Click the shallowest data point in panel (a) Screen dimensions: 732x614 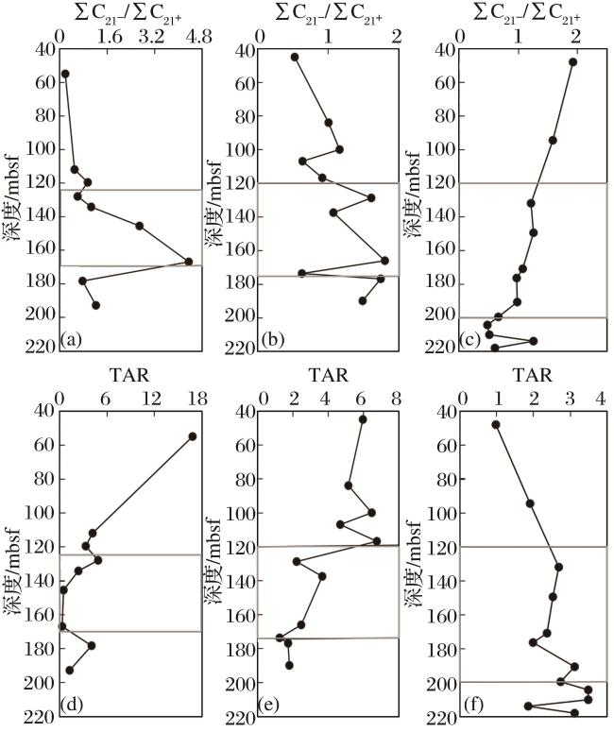tap(65, 74)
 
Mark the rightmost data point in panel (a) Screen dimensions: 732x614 tap(189, 262)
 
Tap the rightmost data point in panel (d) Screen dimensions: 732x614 tap(192, 436)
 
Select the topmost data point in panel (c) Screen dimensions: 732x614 tap(572, 62)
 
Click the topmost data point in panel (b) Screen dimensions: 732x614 tap(295, 57)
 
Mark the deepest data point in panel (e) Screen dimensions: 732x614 tap(289, 666)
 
